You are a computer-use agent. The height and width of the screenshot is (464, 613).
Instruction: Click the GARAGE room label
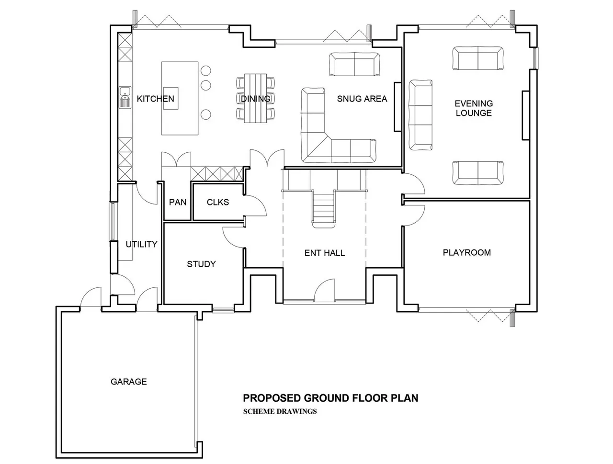(128, 382)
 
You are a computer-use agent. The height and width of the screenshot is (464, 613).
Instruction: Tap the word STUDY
(201, 264)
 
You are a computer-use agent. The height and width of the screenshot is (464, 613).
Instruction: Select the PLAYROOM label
(466, 252)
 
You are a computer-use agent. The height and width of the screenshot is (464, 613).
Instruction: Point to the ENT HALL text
(325, 253)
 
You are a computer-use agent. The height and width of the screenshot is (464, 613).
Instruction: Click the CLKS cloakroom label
(217, 202)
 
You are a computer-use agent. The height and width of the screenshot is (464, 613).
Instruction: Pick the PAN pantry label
(178, 202)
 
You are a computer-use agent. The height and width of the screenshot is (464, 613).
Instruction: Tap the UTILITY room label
(141, 244)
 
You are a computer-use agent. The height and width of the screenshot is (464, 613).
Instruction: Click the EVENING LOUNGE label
(474, 108)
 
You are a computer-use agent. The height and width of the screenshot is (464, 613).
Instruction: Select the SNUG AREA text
(362, 99)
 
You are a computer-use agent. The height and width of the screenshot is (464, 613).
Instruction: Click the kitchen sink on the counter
(125, 97)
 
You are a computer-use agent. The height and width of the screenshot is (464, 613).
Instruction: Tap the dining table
(255, 98)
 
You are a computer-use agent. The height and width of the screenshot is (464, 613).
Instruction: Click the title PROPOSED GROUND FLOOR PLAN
(330, 398)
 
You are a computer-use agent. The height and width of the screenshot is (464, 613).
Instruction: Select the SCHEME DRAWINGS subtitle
(280, 411)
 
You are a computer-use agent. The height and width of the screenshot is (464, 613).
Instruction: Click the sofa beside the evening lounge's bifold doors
(478, 58)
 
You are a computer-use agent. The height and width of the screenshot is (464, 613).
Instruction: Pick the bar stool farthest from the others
(206, 114)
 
